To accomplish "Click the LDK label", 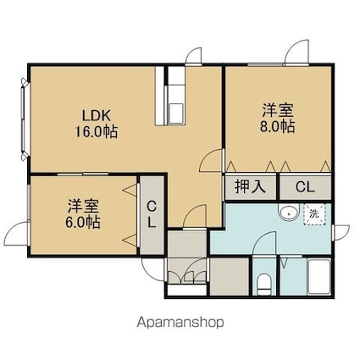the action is point(96,115).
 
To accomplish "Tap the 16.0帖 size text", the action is point(96,131).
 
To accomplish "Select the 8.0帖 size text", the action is point(278,126).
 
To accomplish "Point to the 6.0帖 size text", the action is point(83,222).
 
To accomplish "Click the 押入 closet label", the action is point(251,187).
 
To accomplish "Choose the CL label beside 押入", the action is point(305,187).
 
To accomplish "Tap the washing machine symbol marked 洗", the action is point(314,214).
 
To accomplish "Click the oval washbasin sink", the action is point(289,213).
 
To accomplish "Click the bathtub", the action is point(319,277).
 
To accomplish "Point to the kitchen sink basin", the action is point(176,113).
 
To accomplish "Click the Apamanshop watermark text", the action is point(180,323).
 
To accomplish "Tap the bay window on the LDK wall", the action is point(25,119).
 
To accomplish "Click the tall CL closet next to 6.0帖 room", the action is point(152,215).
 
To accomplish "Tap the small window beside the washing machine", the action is point(333,232).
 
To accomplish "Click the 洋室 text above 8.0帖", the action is point(278,110).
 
